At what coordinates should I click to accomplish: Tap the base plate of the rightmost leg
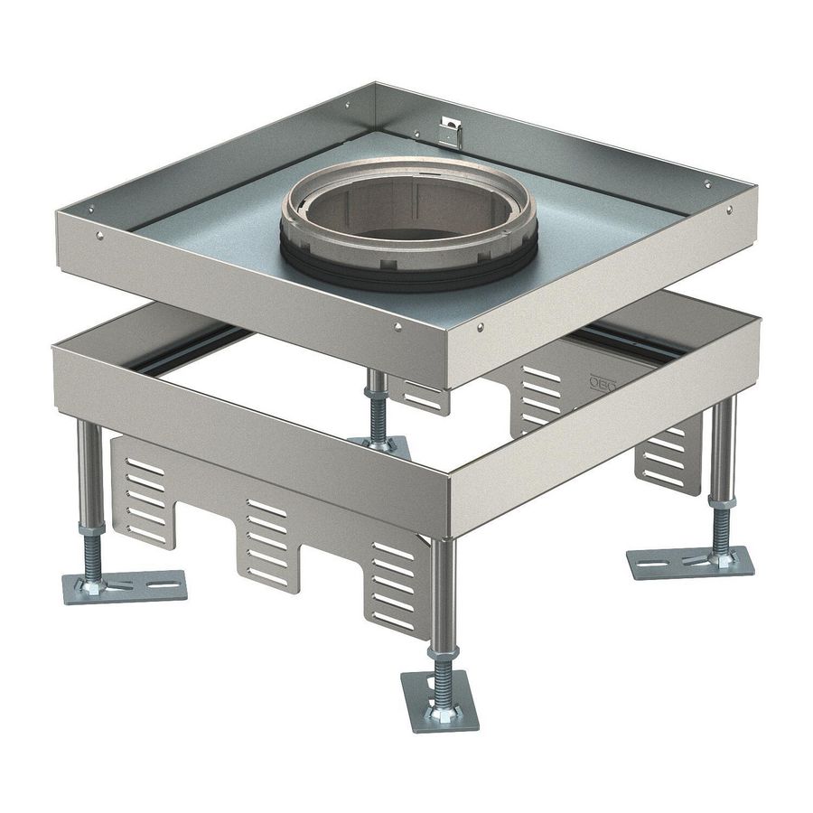coord(691,563)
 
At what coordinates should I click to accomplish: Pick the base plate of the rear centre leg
coord(379,445)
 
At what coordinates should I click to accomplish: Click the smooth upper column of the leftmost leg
coord(89,470)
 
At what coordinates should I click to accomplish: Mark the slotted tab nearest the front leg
coord(395,583)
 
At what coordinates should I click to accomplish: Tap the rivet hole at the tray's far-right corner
coord(728,210)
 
